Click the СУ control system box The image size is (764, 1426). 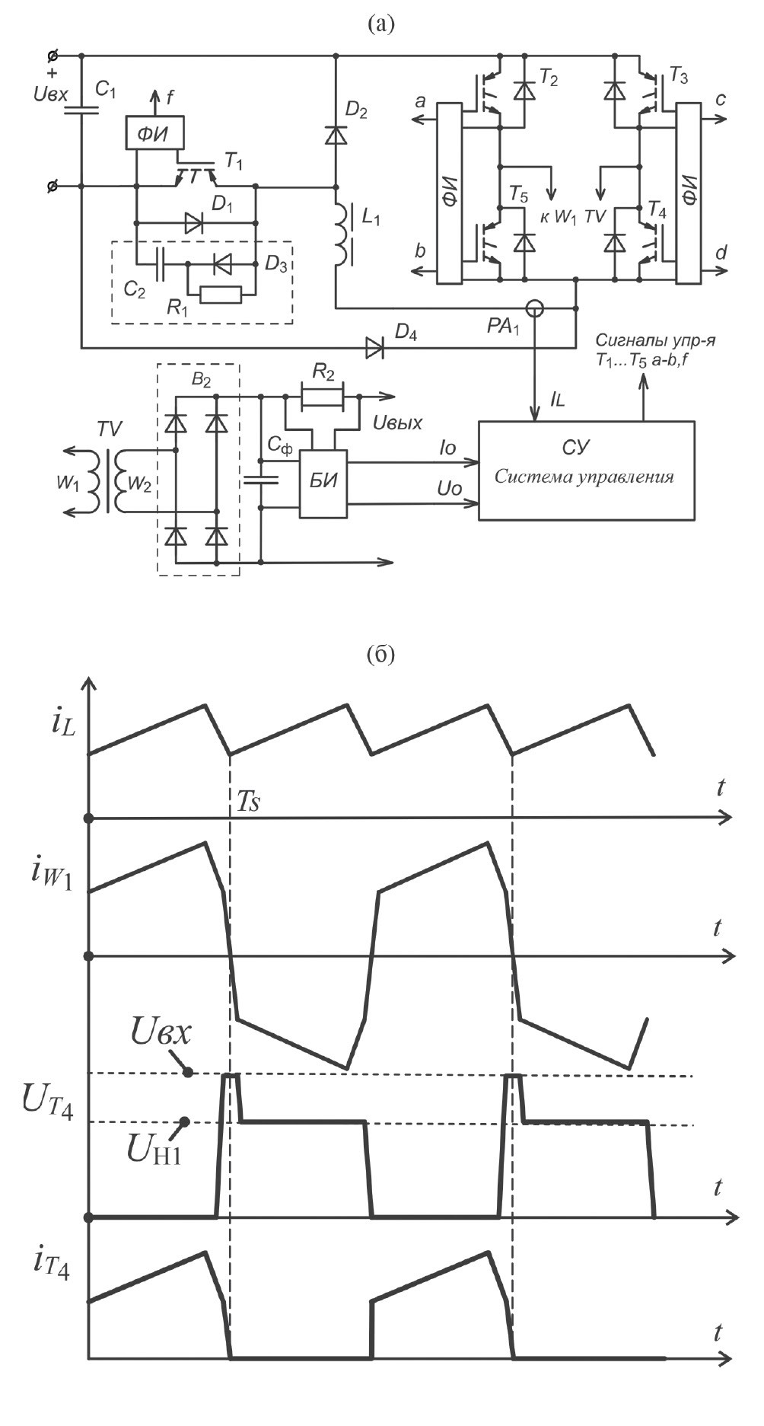click(x=586, y=470)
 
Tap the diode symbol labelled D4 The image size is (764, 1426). click(x=375, y=348)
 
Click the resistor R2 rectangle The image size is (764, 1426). click(x=323, y=397)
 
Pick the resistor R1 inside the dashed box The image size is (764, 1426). click(x=220, y=294)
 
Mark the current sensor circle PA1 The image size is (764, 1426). click(x=536, y=308)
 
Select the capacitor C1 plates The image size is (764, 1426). click(x=81, y=110)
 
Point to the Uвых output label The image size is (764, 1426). click(x=397, y=422)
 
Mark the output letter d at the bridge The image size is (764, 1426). click(x=721, y=252)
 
